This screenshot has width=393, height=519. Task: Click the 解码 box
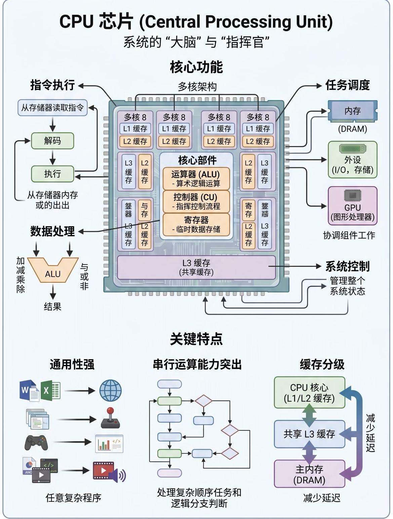click(x=52, y=141)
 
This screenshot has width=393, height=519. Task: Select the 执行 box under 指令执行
click(x=52, y=174)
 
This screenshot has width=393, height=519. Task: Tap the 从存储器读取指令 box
click(x=52, y=108)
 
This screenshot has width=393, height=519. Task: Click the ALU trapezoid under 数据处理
click(x=53, y=273)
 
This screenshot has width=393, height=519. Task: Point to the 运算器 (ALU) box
click(x=196, y=178)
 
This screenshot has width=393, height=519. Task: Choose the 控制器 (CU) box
click(x=196, y=201)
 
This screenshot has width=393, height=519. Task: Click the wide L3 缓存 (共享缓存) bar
click(x=196, y=267)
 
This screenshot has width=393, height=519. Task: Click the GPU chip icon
click(x=352, y=196)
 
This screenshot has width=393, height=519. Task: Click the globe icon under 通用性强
click(x=110, y=390)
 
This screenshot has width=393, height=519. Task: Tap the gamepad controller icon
click(x=36, y=442)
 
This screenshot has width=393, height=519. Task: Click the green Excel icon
click(x=50, y=390)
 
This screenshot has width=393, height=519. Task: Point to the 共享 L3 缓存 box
click(x=309, y=434)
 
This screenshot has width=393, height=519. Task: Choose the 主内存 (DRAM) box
click(x=309, y=474)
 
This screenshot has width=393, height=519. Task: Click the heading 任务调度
click(x=347, y=85)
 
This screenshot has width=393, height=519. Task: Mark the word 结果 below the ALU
click(x=53, y=306)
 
